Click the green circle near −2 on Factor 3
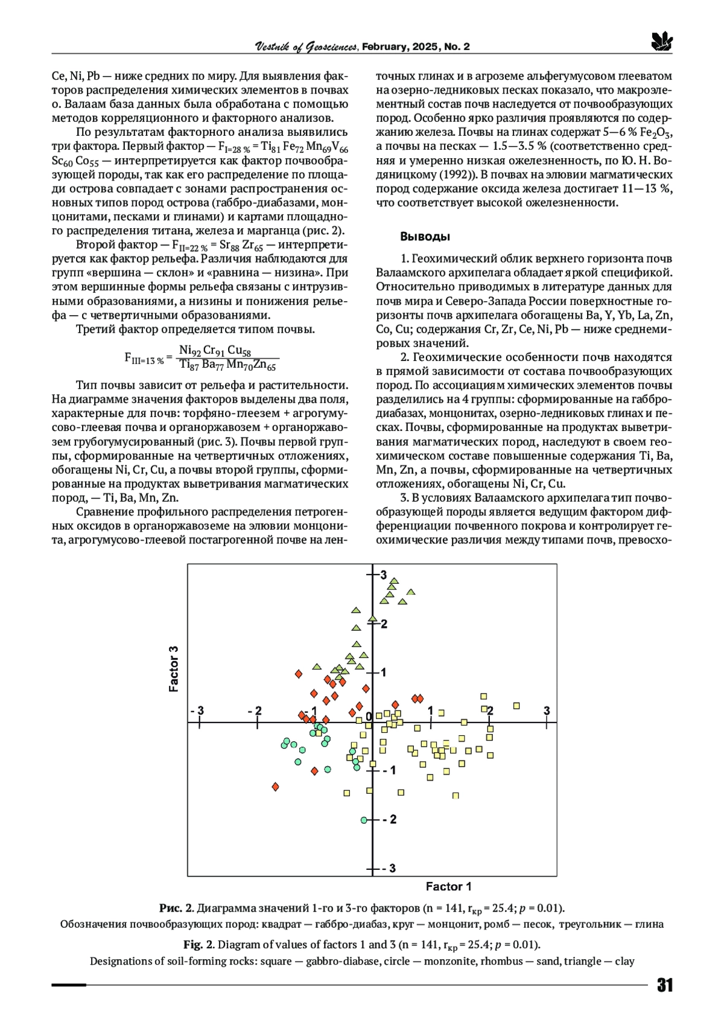tap(364, 820)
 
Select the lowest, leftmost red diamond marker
tap(276, 787)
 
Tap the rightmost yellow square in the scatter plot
tap(516, 706)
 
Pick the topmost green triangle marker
tap(394, 581)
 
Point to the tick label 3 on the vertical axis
tap(383, 575)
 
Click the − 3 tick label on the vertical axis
tap(389, 868)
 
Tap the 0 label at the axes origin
tap(369, 716)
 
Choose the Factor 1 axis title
tap(448, 887)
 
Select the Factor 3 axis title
tap(174, 669)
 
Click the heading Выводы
tap(425, 236)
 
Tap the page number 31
tap(664, 986)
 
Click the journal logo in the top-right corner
tap(662, 42)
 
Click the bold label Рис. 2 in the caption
tap(176, 908)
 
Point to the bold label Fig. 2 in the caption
tap(198, 945)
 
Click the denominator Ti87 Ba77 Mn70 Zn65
tap(228, 365)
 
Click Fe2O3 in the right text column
tap(656, 133)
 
